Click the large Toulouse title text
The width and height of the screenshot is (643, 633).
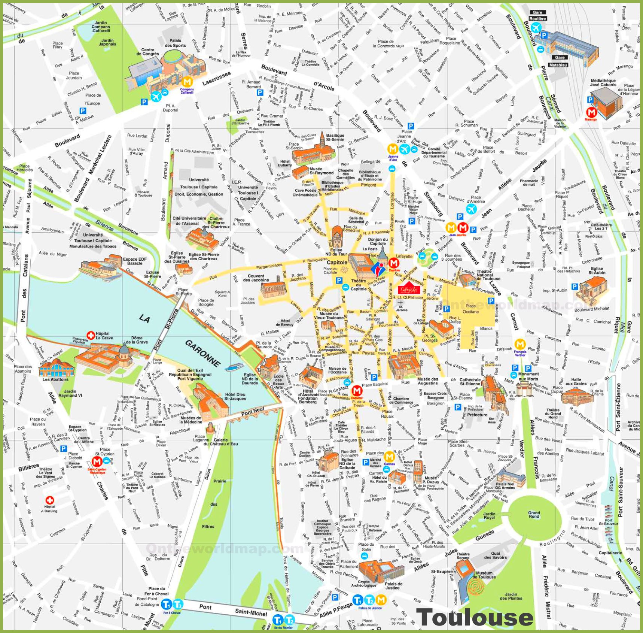[x=475, y=617]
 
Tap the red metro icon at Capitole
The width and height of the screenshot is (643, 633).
[x=393, y=263]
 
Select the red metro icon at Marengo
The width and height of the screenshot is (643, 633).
[x=591, y=112]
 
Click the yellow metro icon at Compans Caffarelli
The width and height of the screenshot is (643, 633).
[x=187, y=82]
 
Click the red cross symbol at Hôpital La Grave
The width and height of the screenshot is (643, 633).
[x=90, y=335]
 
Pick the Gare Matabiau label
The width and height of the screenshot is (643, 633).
[x=559, y=61]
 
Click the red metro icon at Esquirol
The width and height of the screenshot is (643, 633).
[x=356, y=391]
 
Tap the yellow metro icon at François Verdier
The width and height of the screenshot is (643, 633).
[x=519, y=344]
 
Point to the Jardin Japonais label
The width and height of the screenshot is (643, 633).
[x=107, y=42]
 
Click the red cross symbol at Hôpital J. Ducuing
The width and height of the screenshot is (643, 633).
[x=49, y=500]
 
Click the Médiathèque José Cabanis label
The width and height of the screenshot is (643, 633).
[x=603, y=82]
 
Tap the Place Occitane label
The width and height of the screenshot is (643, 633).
[x=470, y=309]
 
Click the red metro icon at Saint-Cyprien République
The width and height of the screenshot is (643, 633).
[x=97, y=461]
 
